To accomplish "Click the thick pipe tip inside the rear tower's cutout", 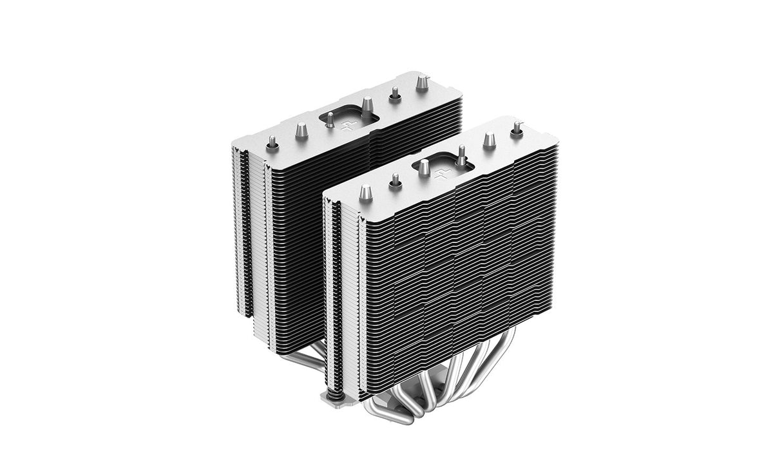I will pyautogui.click(x=367, y=106).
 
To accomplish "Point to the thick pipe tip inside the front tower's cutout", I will pyautogui.click(x=425, y=168).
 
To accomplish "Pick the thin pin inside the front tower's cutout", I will pyautogui.click(x=461, y=157).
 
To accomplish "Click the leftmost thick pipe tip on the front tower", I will pyautogui.click(x=366, y=192).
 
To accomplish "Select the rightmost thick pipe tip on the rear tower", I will pyautogui.click(x=423, y=82).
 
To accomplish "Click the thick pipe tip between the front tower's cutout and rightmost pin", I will pyautogui.click(x=490, y=140).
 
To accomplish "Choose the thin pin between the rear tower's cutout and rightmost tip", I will pyautogui.click(x=395, y=95).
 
